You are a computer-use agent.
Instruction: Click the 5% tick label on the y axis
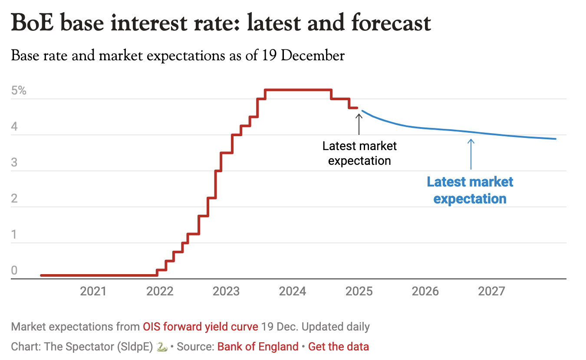[x=19, y=91]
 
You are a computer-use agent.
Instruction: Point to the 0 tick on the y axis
[x=14, y=271]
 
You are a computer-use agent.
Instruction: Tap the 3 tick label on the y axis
[x=14, y=163]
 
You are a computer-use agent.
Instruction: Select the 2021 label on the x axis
[x=93, y=291]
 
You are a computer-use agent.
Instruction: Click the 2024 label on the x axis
[x=293, y=291]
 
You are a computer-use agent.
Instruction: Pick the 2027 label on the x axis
[x=492, y=291]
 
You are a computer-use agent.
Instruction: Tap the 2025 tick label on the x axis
[x=359, y=291]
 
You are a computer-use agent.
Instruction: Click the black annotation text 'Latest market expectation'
[x=359, y=153]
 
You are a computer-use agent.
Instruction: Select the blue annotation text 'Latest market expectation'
[x=470, y=190]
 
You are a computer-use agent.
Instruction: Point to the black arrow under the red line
[x=359, y=124]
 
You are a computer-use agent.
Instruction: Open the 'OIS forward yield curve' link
[x=201, y=327]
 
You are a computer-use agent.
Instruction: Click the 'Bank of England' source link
[x=258, y=347]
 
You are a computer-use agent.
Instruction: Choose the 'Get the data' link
[x=339, y=347]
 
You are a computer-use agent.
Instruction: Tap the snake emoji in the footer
[x=161, y=347]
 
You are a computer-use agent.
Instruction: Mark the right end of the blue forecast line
[x=555, y=139]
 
